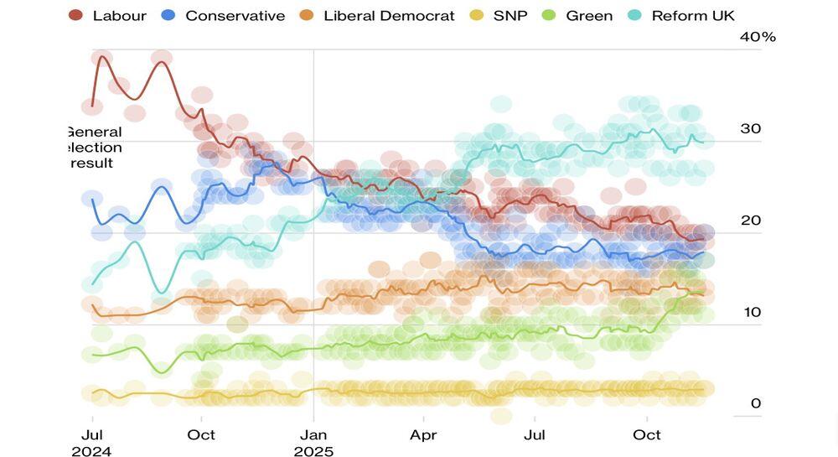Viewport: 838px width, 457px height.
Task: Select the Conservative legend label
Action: point(235,15)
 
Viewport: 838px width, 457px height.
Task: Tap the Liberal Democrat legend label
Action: point(389,15)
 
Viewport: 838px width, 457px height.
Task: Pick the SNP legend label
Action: point(511,15)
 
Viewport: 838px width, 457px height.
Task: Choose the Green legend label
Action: point(589,15)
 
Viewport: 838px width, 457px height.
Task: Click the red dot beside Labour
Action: point(75,15)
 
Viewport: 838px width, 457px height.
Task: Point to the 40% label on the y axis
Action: point(758,37)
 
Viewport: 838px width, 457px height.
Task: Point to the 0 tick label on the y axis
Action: point(756,403)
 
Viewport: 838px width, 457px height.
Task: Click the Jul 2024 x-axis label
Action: point(92,443)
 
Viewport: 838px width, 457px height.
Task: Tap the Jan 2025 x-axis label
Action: point(313,443)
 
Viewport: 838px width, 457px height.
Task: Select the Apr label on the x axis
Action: point(423,434)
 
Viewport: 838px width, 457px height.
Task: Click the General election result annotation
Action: point(93,147)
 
